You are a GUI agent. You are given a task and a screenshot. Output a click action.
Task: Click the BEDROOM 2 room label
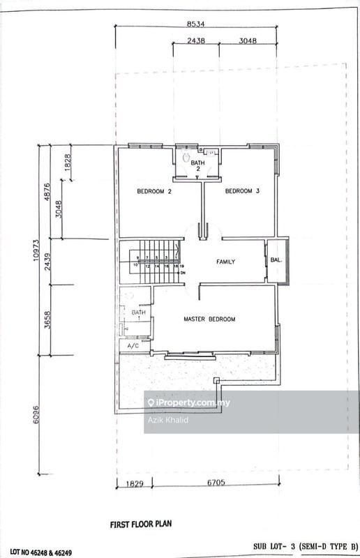pyautogui.click(x=154, y=191)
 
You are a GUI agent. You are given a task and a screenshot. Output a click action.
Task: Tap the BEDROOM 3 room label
pyautogui.click(x=242, y=191)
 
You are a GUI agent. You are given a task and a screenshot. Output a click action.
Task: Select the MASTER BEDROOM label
pyautogui.click(x=209, y=319)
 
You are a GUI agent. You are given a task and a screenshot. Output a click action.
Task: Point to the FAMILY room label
pyautogui.click(x=225, y=262)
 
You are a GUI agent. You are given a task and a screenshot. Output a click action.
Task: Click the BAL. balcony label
pyautogui.click(x=276, y=262)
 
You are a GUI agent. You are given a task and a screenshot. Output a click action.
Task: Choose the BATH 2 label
pyautogui.click(x=197, y=165)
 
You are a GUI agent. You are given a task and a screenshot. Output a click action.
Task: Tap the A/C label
pyautogui.click(x=132, y=346)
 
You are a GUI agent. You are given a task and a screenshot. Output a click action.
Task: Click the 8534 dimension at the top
pyautogui.click(x=196, y=24)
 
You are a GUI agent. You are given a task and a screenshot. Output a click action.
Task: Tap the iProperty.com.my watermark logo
pyautogui.click(x=188, y=403)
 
